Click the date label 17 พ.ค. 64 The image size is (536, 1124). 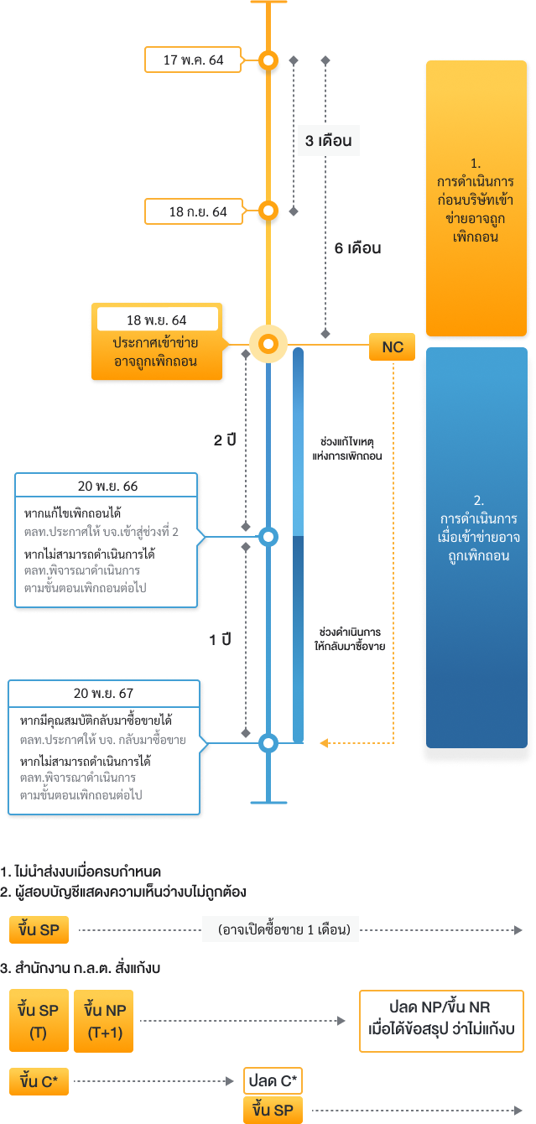point(193,60)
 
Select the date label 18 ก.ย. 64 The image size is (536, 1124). point(198,212)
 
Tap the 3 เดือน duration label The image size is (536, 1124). point(328,141)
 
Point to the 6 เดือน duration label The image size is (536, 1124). point(357,248)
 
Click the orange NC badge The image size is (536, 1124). point(392,347)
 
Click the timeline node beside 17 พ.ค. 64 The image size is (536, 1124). point(268,60)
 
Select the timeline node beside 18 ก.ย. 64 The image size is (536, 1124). point(268,211)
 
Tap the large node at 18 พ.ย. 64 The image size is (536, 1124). point(268,344)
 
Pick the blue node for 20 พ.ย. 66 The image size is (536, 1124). point(268,537)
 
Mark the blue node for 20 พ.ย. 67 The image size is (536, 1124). point(268,742)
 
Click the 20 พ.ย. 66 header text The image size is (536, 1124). point(107,487)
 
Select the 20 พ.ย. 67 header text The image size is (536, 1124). point(103,693)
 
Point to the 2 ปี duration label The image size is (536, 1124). point(224,440)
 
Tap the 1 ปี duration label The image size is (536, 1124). point(220,640)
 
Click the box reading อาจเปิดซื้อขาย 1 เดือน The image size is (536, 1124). point(280,929)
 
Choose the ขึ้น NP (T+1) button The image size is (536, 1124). point(105,1021)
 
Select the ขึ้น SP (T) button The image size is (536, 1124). point(39,1021)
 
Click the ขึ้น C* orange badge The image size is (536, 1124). point(39,1081)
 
